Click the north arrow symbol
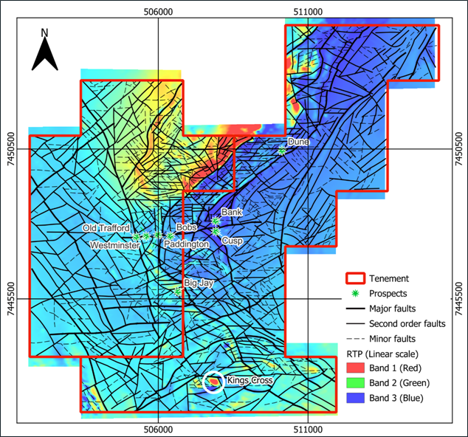point(44,52)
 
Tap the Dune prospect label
point(297,141)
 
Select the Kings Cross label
point(250,381)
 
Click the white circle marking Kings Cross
point(213,381)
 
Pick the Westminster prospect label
point(114,244)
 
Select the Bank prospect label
point(232,212)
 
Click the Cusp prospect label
point(232,241)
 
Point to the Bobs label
point(185,227)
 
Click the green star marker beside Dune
point(282,151)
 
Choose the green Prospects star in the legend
point(356,293)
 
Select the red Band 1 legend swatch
point(356,368)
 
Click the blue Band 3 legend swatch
point(356,398)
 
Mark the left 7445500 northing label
point(10,299)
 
